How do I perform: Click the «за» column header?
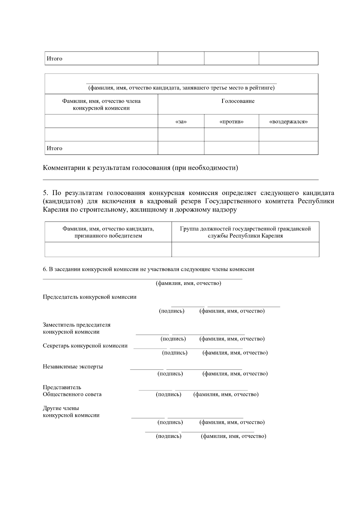[x=181, y=122]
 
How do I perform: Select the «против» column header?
[x=231, y=122]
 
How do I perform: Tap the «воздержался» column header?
[x=288, y=122]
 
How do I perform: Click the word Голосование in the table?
[x=238, y=101]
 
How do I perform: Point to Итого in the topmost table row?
[x=54, y=58]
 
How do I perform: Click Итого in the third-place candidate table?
[x=54, y=148]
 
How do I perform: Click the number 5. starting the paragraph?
[x=46, y=193]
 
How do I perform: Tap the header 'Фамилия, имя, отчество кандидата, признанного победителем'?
[x=108, y=232]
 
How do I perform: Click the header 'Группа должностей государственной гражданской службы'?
[x=245, y=232]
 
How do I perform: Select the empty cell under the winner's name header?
[x=108, y=250]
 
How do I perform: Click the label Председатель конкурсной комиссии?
[x=89, y=297]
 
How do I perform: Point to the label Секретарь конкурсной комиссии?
[x=85, y=346]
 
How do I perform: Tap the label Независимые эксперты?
[x=73, y=367]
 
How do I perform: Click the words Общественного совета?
[x=72, y=394]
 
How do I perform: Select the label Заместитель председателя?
[x=76, y=325]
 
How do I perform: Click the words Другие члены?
[x=61, y=408]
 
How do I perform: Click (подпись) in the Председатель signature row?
[x=172, y=311]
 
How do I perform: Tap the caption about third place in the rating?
[x=181, y=88]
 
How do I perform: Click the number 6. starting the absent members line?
[x=45, y=269]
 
